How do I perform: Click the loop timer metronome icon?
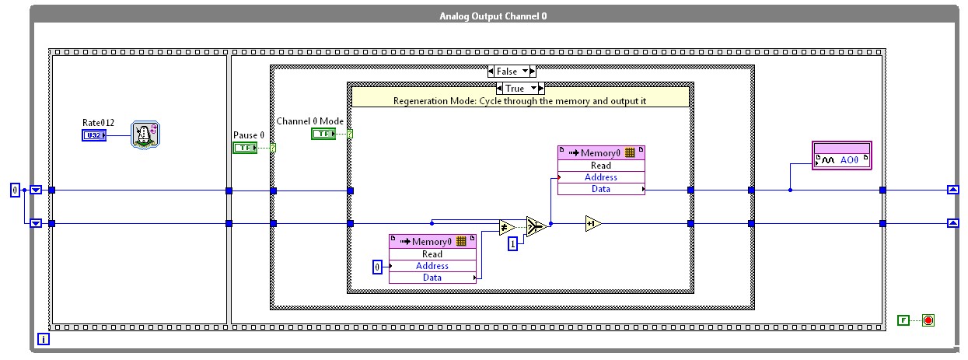click(144, 134)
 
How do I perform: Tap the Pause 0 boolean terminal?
click(245, 148)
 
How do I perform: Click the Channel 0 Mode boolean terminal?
click(323, 134)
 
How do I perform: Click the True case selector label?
click(514, 89)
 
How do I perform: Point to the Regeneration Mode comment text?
click(519, 101)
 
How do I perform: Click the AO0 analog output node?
click(842, 160)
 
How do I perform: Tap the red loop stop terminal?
click(928, 320)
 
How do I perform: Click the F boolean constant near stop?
click(903, 320)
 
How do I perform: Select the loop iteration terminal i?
click(44, 339)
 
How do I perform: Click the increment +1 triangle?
click(593, 224)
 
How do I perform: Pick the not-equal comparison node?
click(507, 228)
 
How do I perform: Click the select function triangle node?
click(536, 226)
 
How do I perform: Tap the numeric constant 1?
click(512, 244)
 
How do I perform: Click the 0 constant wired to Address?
click(378, 267)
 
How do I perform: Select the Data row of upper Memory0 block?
click(601, 189)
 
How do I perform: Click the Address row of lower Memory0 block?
click(432, 266)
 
